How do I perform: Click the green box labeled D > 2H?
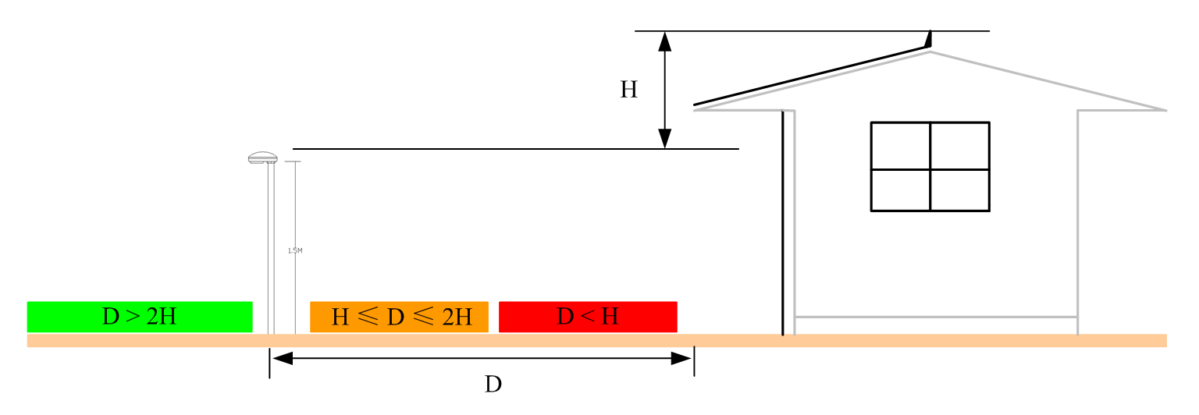(x=140, y=317)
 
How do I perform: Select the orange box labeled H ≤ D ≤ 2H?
(x=399, y=317)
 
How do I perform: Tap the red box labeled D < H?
(x=588, y=317)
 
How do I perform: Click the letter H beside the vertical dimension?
(x=629, y=90)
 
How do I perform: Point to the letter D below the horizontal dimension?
(x=493, y=385)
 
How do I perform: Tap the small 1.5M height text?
(x=295, y=250)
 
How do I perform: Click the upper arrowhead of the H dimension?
(x=665, y=41)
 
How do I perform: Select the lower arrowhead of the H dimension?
(x=665, y=138)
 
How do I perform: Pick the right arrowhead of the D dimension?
(x=681, y=359)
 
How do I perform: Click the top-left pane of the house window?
(x=901, y=146)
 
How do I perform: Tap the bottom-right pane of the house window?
(x=960, y=190)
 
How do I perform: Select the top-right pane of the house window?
(x=960, y=146)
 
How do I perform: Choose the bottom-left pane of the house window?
(x=901, y=190)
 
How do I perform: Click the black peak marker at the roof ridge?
(x=929, y=39)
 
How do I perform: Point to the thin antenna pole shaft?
(x=271, y=250)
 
